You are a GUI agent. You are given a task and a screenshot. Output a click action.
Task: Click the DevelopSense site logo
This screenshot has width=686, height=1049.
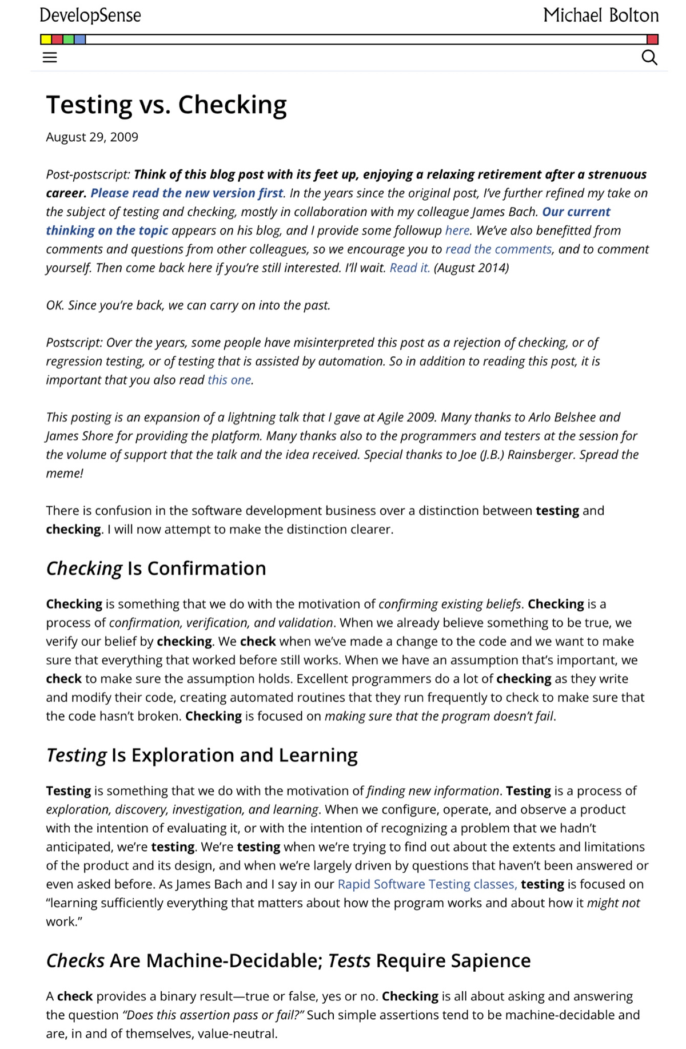coord(90,15)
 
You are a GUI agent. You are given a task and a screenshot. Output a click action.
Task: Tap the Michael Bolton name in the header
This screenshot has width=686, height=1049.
coord(601,15)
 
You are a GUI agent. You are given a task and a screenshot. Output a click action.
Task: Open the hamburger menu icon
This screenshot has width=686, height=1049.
coord(50,57)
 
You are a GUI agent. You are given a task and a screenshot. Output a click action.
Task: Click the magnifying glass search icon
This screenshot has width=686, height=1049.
coord(649,57)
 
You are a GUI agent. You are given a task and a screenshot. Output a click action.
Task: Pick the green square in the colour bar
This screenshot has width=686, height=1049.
coord(69,39)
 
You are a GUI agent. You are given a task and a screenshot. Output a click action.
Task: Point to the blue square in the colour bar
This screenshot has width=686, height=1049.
coord(80,39)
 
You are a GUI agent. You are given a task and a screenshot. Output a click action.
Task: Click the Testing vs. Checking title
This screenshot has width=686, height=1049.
coord(166,105)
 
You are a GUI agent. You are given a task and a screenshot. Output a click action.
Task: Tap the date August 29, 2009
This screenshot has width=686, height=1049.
coord(92,137)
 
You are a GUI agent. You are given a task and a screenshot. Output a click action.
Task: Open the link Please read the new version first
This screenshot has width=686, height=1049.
coord(187,193)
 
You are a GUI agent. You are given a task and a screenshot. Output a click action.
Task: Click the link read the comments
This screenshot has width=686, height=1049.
coord(498,249)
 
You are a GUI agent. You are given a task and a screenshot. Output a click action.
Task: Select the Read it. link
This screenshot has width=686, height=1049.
coord(409,268)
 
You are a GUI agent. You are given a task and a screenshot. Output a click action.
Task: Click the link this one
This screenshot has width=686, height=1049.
coord(229,380)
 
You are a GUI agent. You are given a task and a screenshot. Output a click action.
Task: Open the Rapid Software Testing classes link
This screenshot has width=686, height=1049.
coord(427,884)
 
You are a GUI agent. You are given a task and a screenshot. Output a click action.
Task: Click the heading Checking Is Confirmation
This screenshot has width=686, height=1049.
coord(156,569)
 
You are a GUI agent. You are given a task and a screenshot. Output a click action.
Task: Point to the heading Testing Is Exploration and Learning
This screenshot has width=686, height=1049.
coord(202,756)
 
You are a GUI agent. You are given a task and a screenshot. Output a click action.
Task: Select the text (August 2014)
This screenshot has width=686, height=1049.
coord(472,268)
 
